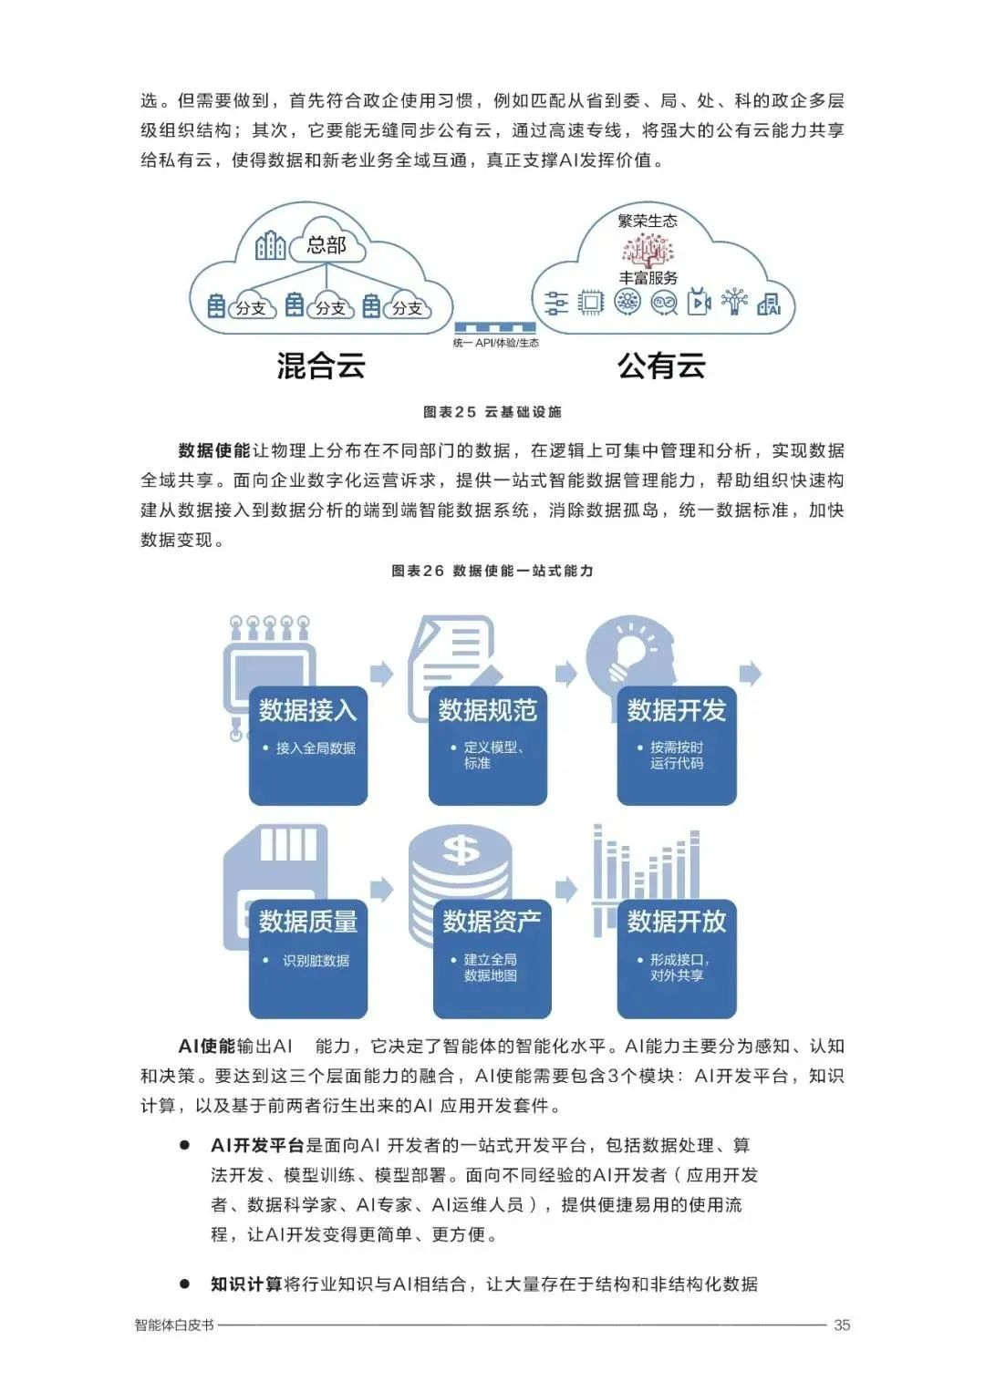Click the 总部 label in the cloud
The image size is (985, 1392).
(327, 244)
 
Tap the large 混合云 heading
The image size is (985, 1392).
(321, 366)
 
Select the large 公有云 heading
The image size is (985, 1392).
(661, 366)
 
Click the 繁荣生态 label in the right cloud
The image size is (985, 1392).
(648, 221)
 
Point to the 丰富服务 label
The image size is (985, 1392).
(648, 277)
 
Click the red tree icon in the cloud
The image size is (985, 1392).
(648, 249)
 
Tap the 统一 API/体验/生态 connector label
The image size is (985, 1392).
(495, 343)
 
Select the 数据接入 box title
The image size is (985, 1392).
(307, 710)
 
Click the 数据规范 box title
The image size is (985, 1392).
(488, 710)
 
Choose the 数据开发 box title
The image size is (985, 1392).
(677, 710)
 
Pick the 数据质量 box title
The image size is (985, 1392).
(307, 922)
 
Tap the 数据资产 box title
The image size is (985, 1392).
(492, 922)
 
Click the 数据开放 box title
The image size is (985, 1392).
(677, 922)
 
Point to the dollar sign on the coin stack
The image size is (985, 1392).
(461, 850)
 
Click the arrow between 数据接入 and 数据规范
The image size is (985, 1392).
(382, 674)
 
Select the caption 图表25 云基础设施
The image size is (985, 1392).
(493, 412)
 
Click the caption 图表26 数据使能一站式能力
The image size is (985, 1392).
(493, 571)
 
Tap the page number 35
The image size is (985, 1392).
(842, 1325)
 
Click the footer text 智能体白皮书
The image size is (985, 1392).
(174, 1325)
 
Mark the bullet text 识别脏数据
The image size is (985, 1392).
(316, 961)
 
